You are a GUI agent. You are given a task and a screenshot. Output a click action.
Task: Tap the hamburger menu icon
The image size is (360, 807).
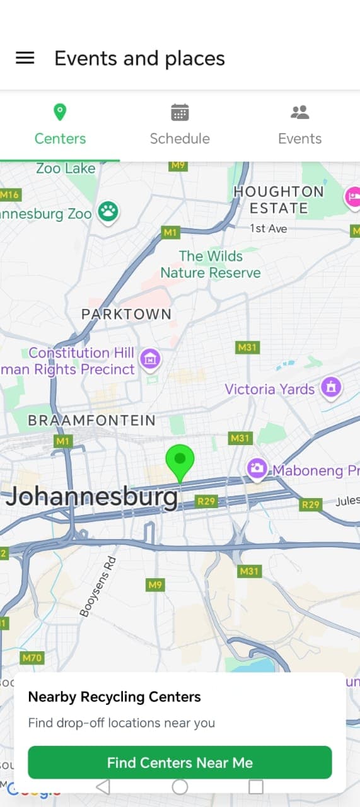[25, 58]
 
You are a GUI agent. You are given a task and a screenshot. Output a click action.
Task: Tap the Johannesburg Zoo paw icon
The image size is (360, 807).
[109, 212]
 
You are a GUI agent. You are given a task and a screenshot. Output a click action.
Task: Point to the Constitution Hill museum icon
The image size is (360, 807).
[150, 359]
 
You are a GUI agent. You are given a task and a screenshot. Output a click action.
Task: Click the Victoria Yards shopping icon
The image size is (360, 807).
[330, 387]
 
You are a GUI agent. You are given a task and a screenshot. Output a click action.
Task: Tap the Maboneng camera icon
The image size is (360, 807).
[256, 468]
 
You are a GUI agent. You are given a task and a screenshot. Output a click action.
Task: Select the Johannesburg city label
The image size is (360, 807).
[91, 497]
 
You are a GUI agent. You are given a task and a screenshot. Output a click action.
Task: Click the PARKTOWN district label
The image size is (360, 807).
[126, 314]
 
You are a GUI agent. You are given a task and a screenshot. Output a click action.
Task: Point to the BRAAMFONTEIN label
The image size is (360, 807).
[91, 421]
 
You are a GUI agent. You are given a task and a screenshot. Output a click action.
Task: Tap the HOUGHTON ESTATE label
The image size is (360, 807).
[278, 199]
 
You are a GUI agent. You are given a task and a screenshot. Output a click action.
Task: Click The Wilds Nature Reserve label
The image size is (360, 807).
[210, 264]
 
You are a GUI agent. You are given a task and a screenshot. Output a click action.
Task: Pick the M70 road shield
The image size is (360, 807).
[32, 658]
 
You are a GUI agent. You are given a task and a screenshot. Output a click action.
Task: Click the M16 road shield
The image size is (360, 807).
[9, 195]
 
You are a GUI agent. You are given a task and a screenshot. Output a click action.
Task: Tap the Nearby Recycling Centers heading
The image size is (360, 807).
[114, 697]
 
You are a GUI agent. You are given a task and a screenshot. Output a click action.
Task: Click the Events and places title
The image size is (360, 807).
[139, 59]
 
